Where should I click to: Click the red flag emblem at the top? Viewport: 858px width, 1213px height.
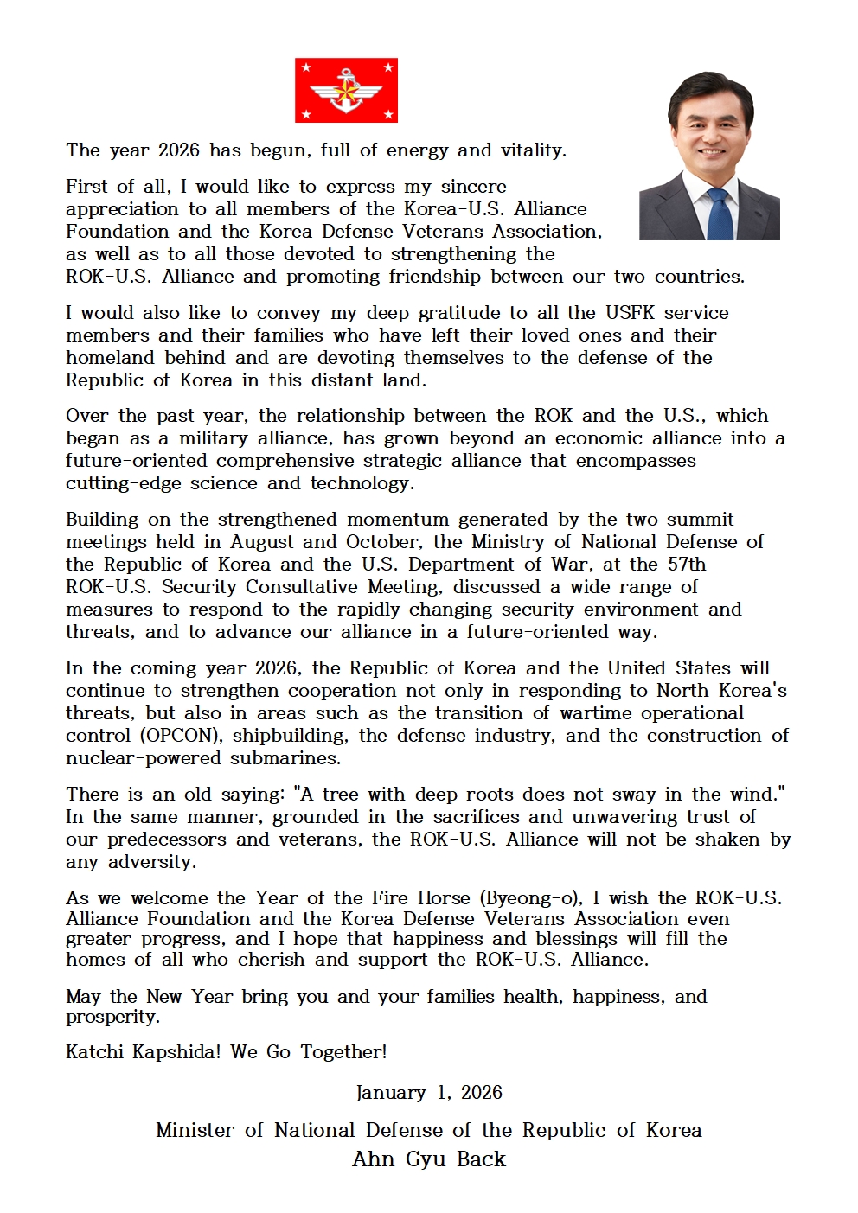coord(346,91)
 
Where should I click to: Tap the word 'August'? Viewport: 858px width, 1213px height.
coord(263,542)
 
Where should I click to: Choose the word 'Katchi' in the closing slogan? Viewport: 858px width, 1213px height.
coord(94,1052)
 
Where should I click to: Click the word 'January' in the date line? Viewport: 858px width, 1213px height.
coord(391,1093)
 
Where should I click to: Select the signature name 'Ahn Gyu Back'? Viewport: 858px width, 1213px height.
coord(429,1159)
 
